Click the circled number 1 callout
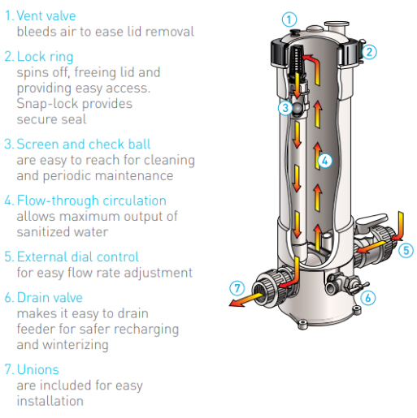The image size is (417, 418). click(289, 19)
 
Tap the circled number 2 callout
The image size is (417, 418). click(369, 52)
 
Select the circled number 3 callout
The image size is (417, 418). click(285, 108)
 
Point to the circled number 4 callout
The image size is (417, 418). click(325, 162)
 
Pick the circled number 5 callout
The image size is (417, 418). click(406, 250)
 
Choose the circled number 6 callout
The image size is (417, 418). click(368, 298)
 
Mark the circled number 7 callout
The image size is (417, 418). click(237, 288)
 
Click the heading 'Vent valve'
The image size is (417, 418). click(46, 15)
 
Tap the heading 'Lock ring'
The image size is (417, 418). click(45, 57)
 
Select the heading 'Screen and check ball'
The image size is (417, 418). click(84, 144)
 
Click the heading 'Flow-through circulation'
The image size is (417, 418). click(92, 200)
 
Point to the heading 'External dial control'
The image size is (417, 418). click(78, 256)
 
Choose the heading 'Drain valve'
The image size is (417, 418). click(50, 298)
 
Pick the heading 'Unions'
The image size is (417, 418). click(38, 369)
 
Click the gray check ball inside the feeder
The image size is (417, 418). click(298, 109)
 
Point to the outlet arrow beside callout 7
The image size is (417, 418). click(246, 299)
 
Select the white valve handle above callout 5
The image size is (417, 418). click(371, 221)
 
